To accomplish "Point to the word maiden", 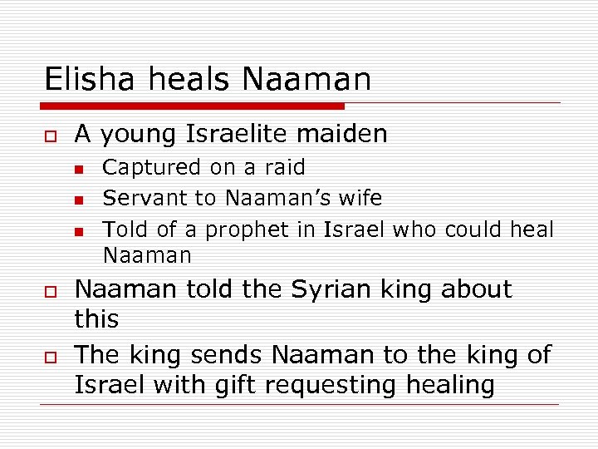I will (348, 133).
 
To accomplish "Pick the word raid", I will (285, 167).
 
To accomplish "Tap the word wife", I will (361, 198).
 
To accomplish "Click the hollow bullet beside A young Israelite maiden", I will (49, 136).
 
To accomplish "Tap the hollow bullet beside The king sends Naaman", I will (49, 357).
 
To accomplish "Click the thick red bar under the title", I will (192, 106).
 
